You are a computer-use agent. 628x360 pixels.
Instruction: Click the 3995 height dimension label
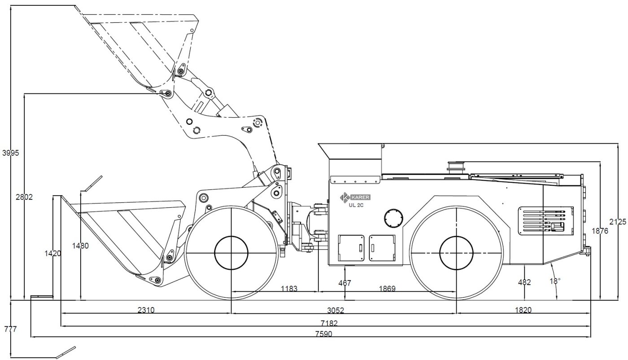[11, 153]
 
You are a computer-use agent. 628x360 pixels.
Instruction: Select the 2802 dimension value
[24, 197]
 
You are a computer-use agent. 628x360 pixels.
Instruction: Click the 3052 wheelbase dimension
[343, 310]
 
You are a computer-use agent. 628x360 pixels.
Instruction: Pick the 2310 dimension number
[146, 310]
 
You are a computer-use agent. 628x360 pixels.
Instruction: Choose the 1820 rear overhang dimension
[523, 310]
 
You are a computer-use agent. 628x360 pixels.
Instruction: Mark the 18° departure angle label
[555, 281]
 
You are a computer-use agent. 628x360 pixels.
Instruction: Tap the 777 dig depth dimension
[9, 329]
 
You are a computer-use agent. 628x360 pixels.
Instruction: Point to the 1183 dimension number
[289, 289]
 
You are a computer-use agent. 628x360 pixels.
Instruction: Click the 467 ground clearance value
[345, 283]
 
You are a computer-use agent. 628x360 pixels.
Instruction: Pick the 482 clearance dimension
[524, 282]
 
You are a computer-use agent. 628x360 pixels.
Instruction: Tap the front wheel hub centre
[231, 253]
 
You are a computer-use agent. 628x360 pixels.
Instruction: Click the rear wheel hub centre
[456, 253]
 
